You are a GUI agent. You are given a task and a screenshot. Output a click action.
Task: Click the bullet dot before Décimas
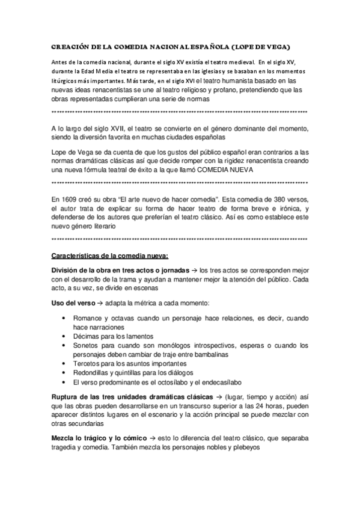64,336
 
